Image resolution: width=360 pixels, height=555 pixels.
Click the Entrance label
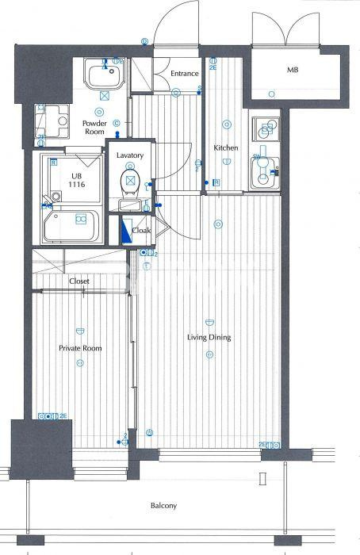(x=184, y=74)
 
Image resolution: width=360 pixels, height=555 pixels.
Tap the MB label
(x=293, y=70)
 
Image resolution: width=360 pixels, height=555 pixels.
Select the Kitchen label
(x=226, y=147)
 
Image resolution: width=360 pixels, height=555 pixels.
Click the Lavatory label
(x=129, y=156)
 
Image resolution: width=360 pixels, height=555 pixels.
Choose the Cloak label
(x=141, y=231)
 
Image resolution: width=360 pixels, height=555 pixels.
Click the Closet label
(x=79, y=281)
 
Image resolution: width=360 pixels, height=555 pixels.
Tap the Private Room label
(x=80, y=348)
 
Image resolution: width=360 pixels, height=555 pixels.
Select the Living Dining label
(x=209, y=338)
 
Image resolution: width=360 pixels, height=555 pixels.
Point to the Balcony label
(x=166, y=505)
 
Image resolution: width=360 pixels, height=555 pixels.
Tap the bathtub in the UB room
(x=71, y=225)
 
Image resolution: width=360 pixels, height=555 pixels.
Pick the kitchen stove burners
(x=265, y=128)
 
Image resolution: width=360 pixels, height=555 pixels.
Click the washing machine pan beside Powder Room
(x=51, y=122)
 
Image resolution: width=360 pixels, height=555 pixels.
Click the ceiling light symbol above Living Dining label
(x=209, y=323)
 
